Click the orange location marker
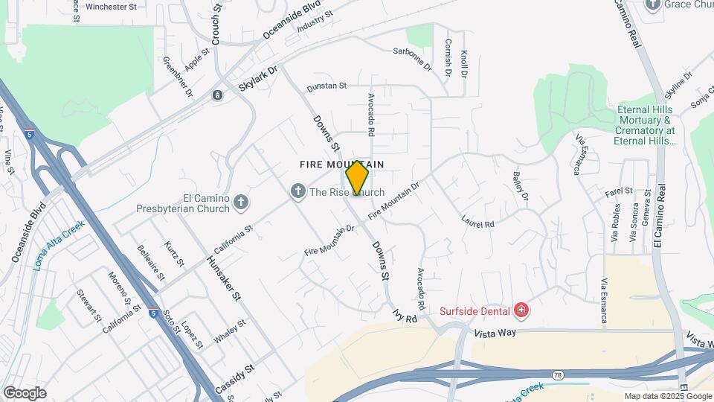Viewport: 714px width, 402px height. pyautogui.click(x=357, y=178)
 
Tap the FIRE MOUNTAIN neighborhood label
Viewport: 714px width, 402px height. pyautogui.click(x=341, y=164)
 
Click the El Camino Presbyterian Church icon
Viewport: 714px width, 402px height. pyautogui.click(x=240, y=202)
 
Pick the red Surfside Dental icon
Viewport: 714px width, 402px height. pyautogui.click(x=521, y=310)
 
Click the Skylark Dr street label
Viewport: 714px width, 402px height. pyautogui.click(x=257, y=79)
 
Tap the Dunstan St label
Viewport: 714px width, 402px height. pyautogui.click(x=327, y=86)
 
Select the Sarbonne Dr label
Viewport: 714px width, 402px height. pyautogui.click(x=412, y=57)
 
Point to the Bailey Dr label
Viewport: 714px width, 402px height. pyautogui.click(x=520, y=186)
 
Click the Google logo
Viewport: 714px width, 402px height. pyautogui.click(x=25, y=392)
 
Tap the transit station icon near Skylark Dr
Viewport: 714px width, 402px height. pyautogui.click(x=217, y=95)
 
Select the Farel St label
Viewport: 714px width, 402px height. pyautogui.click(x=618, y=191)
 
